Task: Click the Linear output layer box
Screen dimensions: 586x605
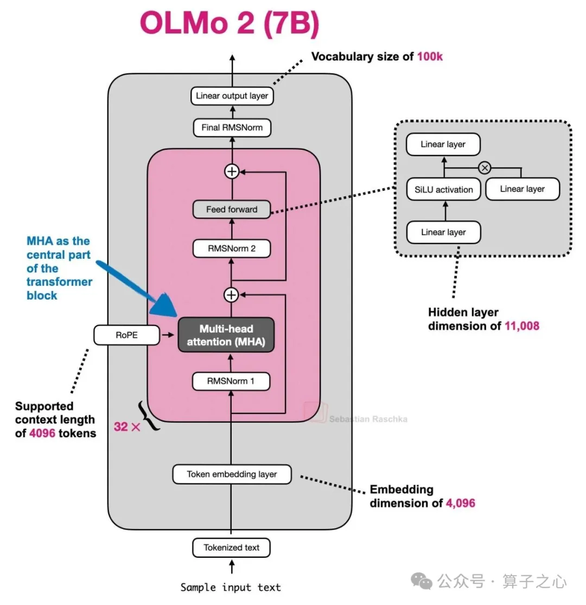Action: click(232, 96)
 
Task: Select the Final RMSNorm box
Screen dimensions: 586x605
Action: click(232, 128)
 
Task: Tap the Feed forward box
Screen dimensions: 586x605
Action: click(232, 209)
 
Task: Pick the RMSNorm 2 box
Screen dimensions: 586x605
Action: click(232, 249)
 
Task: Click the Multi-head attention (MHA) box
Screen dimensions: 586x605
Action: click(226, 335)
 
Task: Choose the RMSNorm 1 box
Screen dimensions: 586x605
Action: click(231, 381)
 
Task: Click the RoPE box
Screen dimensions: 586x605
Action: click(126, 335)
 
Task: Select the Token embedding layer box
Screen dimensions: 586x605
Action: click(232, 474)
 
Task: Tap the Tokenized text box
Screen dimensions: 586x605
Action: click(232, 547)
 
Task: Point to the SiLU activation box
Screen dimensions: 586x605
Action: click(444, 189)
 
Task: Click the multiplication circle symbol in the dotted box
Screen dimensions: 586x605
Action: click(485, 168)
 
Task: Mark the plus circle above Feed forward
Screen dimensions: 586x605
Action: click(232, 171)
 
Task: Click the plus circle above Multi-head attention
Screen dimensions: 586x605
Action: click(231, 295)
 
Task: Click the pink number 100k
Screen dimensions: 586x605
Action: click(430, 57)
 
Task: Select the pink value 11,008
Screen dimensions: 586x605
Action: click(522, 326)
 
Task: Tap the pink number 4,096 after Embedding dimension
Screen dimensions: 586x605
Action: click(461, 503)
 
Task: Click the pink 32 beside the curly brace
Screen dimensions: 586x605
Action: click(121, 426)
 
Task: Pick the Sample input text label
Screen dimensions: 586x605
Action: click(231, 588)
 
